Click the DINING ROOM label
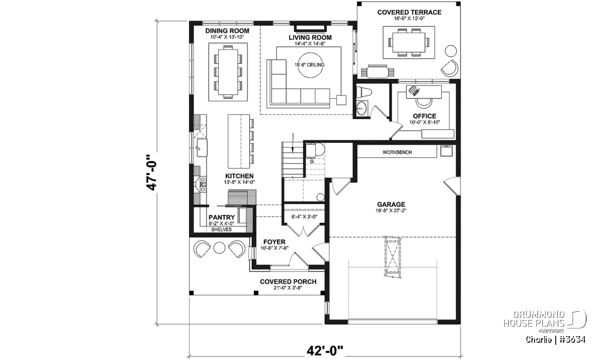[227, 31]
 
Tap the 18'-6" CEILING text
[310, 65]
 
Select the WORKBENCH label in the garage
[397, 152]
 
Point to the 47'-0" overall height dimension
[151, 173]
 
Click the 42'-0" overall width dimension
[325, 351]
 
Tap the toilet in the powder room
[363, 92]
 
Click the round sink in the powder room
[361, 108]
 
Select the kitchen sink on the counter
[201, 147]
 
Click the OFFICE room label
[425, 116]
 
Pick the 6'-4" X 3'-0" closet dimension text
[305, 217]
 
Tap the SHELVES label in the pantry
[221, 229]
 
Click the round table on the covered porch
[219, 248]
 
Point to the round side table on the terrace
[451, 51]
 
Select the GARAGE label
[391, 205]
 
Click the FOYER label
[275, 242]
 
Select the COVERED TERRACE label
[409, 12]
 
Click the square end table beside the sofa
[341, 100]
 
